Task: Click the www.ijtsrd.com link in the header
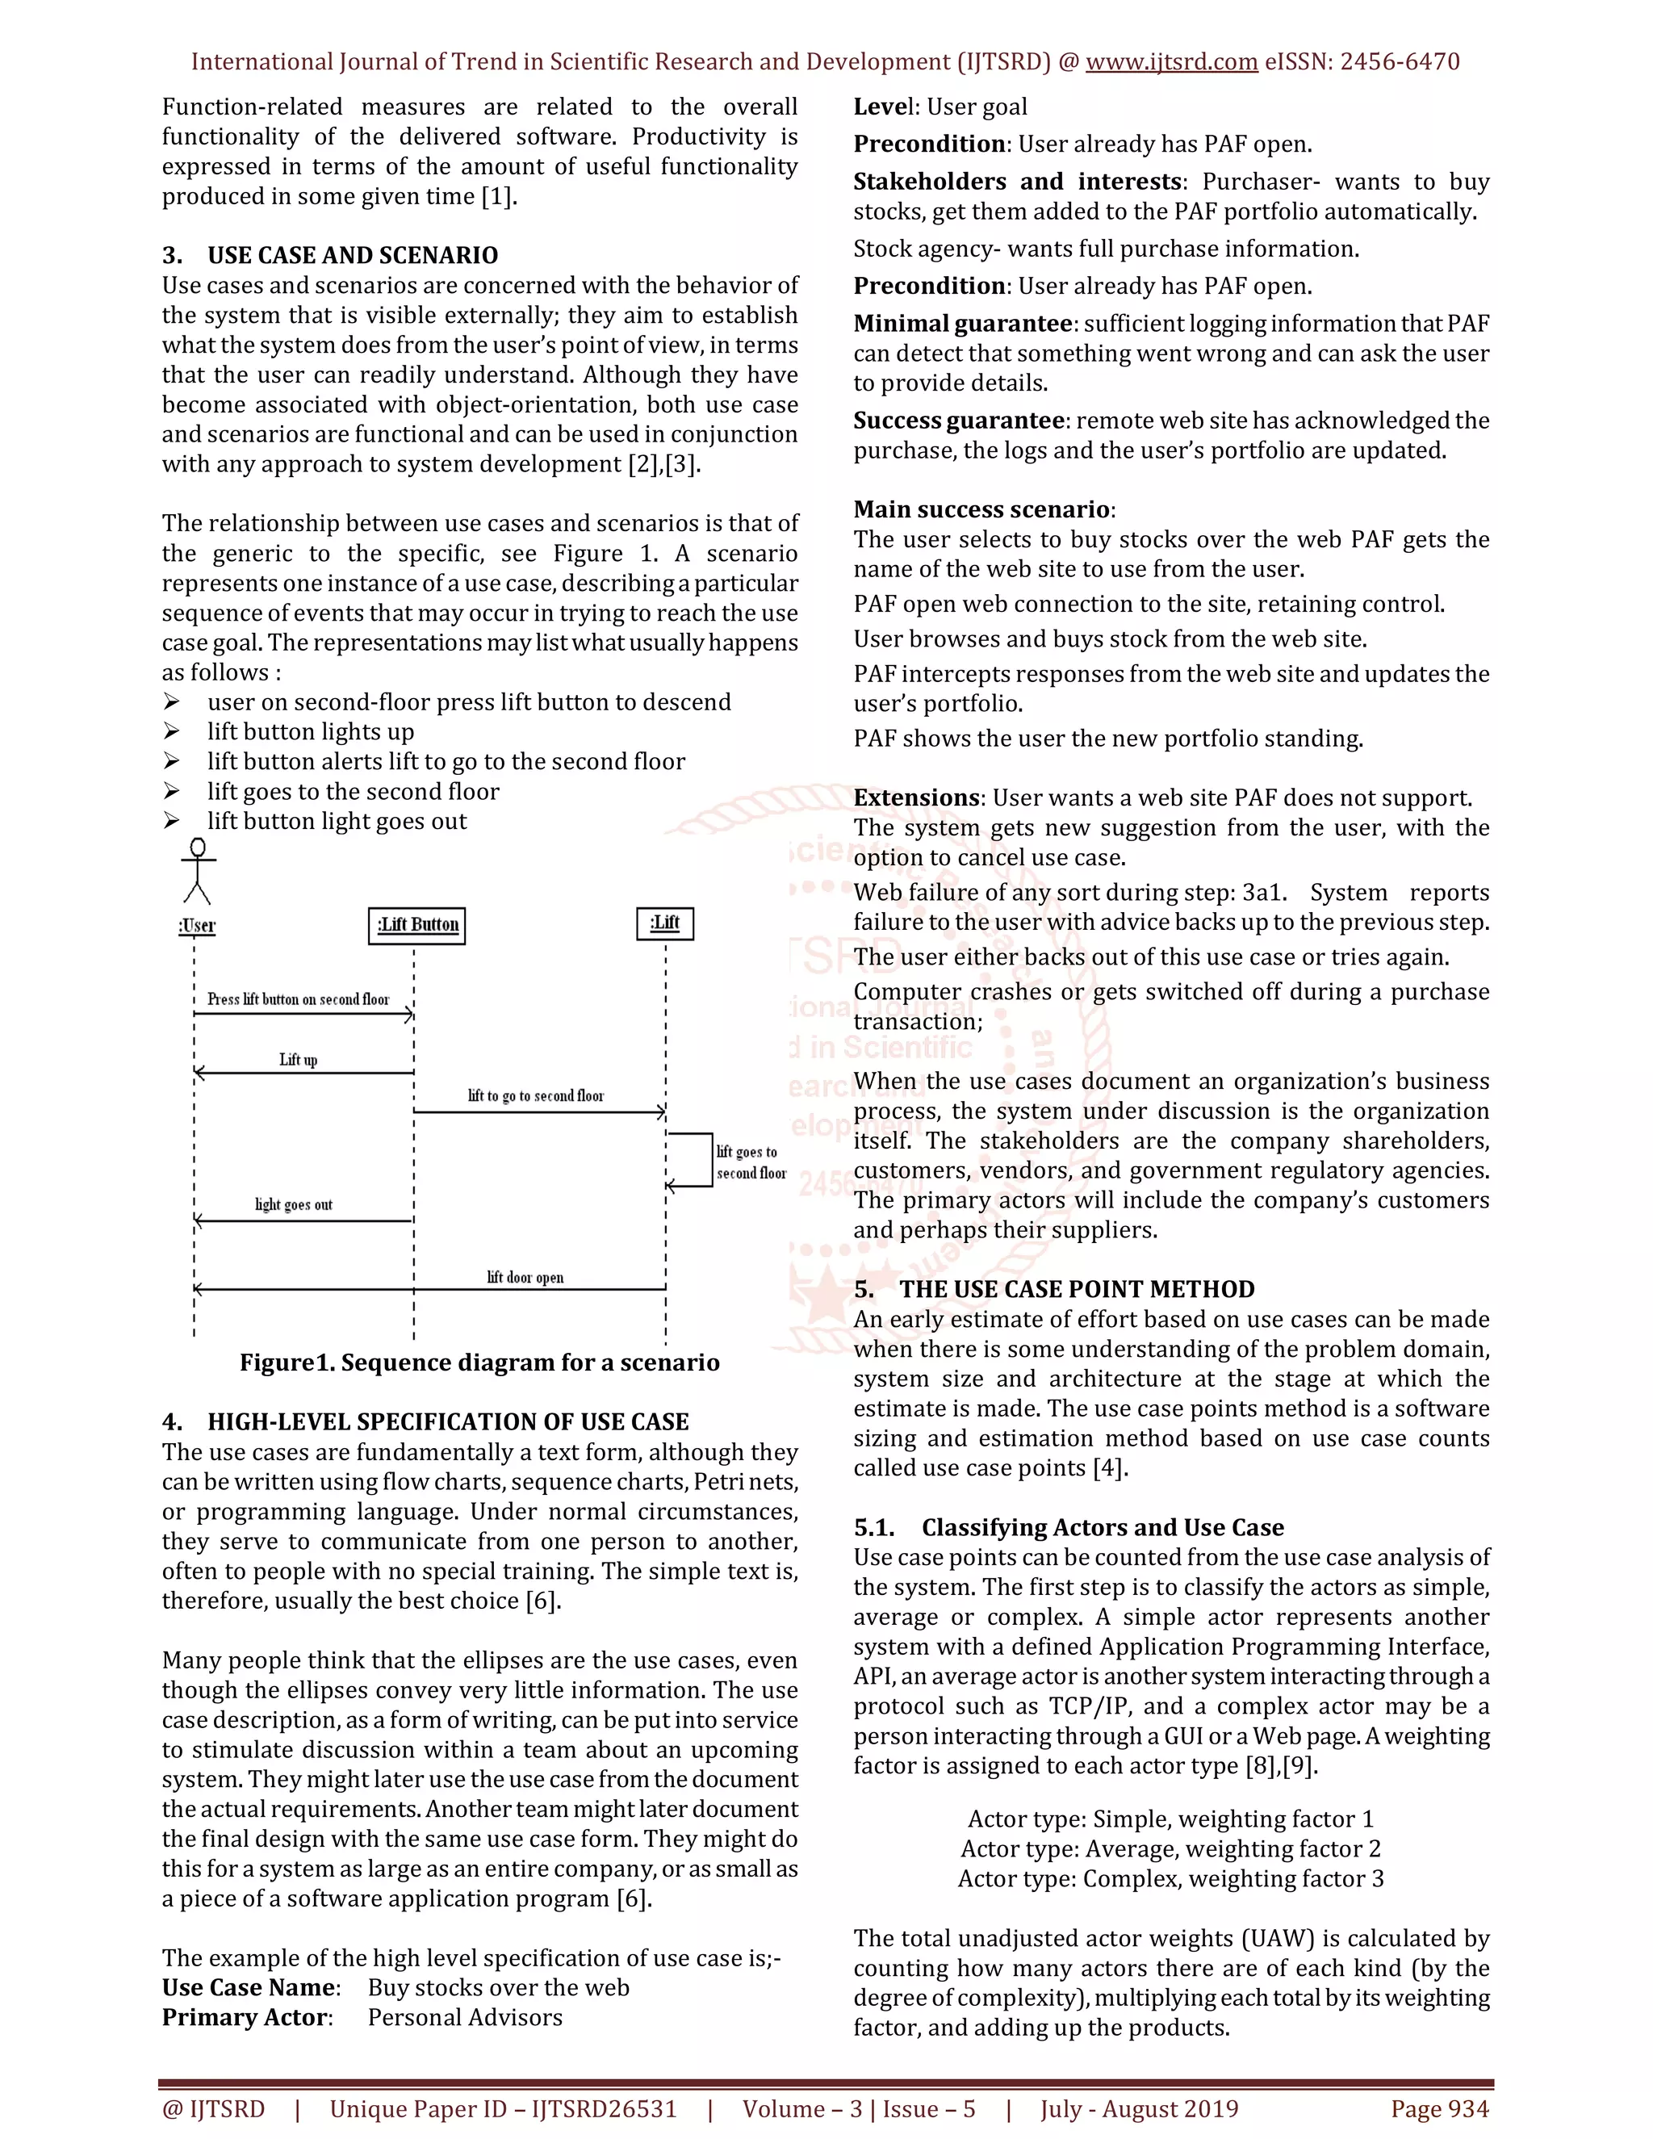tap(1171, 61)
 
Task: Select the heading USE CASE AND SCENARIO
tap(353, 256)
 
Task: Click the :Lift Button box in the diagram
tap(417, 924)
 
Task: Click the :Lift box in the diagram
tap(665, 923)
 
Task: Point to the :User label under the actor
tap(197, 926)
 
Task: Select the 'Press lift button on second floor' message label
tap(299, 999)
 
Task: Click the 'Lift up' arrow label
tap(298, 1060)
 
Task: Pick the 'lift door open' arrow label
tap(525, 1277)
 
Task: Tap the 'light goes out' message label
tap(294, 1204)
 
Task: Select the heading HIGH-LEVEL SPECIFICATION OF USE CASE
tap(447, 1421)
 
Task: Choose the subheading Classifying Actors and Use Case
tap(1102, 1527)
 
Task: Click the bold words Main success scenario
tap(981, 509)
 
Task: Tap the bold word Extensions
tap(915, 797)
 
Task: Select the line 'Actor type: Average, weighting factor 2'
tap(1170, 1848)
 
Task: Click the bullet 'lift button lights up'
tap(311, 731)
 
